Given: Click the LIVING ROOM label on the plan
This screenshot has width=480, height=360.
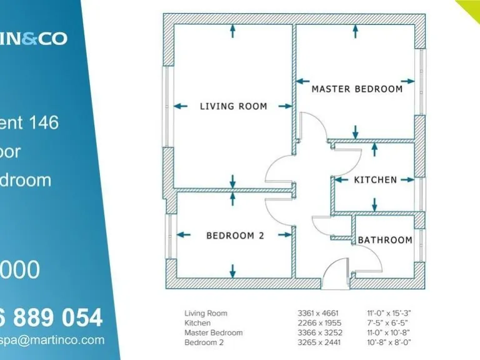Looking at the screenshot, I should (x=233, y=106).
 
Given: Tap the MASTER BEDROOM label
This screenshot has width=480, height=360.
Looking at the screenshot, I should (x=357, y=89).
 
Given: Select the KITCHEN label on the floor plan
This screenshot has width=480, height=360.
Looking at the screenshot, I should (x=375, y=180).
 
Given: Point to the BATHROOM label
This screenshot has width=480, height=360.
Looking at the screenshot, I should (x=384, y=240).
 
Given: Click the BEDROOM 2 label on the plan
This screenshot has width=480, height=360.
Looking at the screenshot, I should (x=235, y=236).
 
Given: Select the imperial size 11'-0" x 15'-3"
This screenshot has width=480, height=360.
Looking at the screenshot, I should (x=390, y=313).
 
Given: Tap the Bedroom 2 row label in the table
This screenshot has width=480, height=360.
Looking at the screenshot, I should (x=204, y=342).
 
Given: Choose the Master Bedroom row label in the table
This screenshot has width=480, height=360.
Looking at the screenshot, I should (x=213, y=332).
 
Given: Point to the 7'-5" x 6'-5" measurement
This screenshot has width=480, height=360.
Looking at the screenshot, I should (x=388, y=323).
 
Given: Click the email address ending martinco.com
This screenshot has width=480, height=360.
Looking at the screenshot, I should (x=52, y=340).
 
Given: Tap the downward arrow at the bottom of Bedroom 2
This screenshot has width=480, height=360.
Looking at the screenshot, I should (x=233, y=271).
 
